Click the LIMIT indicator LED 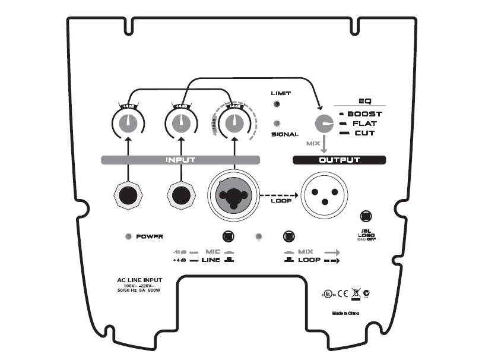click(277, 105)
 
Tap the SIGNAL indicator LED click(277, 124)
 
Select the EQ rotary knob click(324, 124)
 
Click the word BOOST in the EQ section click(364, 113)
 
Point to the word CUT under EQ click(364, 133)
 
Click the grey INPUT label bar click(179, 160)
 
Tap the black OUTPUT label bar click(340, 160)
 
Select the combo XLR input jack click(233, 195)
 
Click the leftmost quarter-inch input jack click(128, 195)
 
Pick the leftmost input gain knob click(128, 124)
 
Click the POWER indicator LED click(128, 236)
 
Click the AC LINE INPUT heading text click(139, 280)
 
